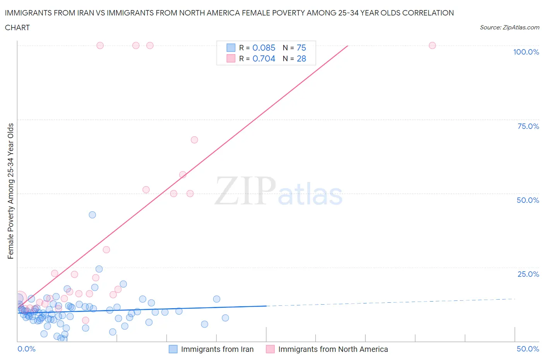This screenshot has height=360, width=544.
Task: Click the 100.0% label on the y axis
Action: click(x=526, y=52)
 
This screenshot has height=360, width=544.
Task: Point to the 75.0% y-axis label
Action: click(x=528, y=126)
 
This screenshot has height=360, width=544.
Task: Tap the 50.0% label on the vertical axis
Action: click(x=528, y=200)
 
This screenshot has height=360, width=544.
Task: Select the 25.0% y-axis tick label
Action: click(x=528, y=274)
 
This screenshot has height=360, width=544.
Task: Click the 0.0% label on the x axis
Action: click(x=26, y=349)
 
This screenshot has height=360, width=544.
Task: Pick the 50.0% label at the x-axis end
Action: click(x=528, y=349)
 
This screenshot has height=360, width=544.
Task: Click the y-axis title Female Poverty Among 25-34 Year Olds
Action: click(x=11, y=191)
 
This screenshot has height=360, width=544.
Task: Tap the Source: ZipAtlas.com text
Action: click(x=509, y=27)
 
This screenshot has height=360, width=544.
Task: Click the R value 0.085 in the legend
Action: click(x=264, y=48)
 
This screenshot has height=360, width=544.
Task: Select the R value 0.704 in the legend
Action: click(x=264, y=58)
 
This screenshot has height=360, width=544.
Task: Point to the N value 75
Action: click(x=301, y=48)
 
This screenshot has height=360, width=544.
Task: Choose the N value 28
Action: click(x=301, y=58)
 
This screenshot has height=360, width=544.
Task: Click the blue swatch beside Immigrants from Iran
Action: click(x=173, y=349)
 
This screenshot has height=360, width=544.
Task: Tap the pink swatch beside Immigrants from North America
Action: click(x=270, y=349)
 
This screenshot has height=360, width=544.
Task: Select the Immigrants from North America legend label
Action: click(x=333, y=349)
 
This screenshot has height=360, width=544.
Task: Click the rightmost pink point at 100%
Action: click(x=432, y=45)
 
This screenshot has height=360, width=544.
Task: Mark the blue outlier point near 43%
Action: click(x=92, y=215)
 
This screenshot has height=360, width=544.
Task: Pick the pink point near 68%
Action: click(x=194, y=140)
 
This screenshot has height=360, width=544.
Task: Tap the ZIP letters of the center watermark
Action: click(x=245, y=190)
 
